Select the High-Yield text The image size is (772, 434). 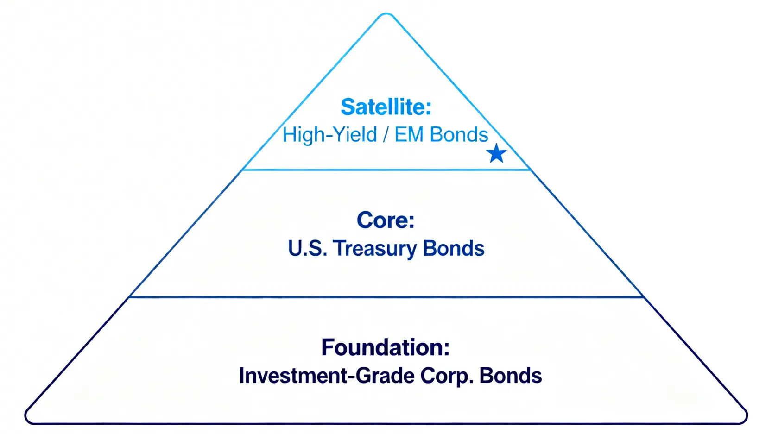pos(330,135)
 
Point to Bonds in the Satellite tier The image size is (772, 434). pos(459,135)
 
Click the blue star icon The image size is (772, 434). pos(496,153)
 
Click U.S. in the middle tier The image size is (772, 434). pos(308,248)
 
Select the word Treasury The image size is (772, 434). pos(375,249)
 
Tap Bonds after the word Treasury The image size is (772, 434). pos(454,248)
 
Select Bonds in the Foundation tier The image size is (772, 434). pos(511,376)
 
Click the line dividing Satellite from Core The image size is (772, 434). pos(386,170)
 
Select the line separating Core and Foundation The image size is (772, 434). pos(386,297)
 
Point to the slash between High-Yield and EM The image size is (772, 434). pos(386,135)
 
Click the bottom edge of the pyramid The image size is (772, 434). pos(386,423)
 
